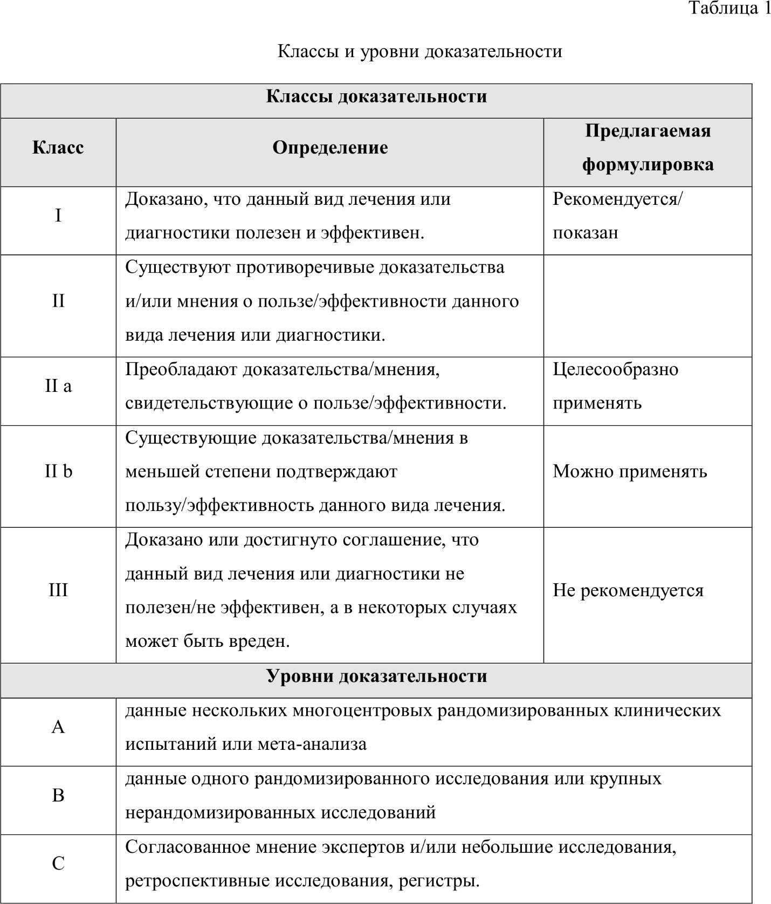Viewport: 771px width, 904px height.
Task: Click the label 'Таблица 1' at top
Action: coord(730,8)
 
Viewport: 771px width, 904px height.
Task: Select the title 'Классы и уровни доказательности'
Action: coord(419,51)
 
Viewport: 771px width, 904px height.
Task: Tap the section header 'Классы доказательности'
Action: coord(376,96)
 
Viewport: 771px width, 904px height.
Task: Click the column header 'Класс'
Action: coord(58,147)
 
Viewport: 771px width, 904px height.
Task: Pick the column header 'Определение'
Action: coord(330,147)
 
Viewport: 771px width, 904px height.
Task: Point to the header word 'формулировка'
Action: coord(648,164)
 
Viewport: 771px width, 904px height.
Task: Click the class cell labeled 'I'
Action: coord(58,216)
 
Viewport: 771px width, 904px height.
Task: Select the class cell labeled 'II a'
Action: coord(58,386)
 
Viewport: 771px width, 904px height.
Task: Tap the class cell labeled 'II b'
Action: coord(58,471)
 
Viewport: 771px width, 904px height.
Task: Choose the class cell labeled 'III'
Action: coord(58,590)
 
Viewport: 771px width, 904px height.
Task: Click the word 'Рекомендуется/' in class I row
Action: coord(617,199)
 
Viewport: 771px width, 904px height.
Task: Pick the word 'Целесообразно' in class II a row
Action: coord(615,369)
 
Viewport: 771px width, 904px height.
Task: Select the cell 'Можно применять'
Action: coord(630,471)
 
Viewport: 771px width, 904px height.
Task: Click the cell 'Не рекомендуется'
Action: coord(628,590)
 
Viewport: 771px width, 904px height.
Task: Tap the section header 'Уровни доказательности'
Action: coord(376,676)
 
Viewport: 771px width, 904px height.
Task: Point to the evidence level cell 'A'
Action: coord(58,727)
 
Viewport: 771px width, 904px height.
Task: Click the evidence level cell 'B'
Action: coord(58,795)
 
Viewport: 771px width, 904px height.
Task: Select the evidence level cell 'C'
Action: coord(58,864)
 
